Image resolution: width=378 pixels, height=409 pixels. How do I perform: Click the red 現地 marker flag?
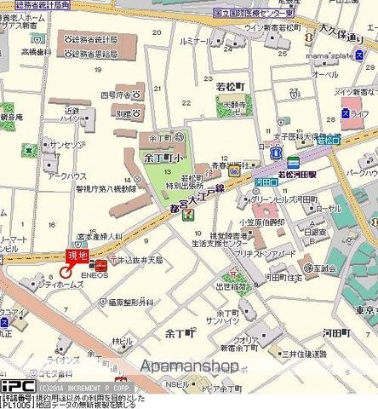(77, 255)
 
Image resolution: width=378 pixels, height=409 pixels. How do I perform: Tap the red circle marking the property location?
(66, 272)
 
